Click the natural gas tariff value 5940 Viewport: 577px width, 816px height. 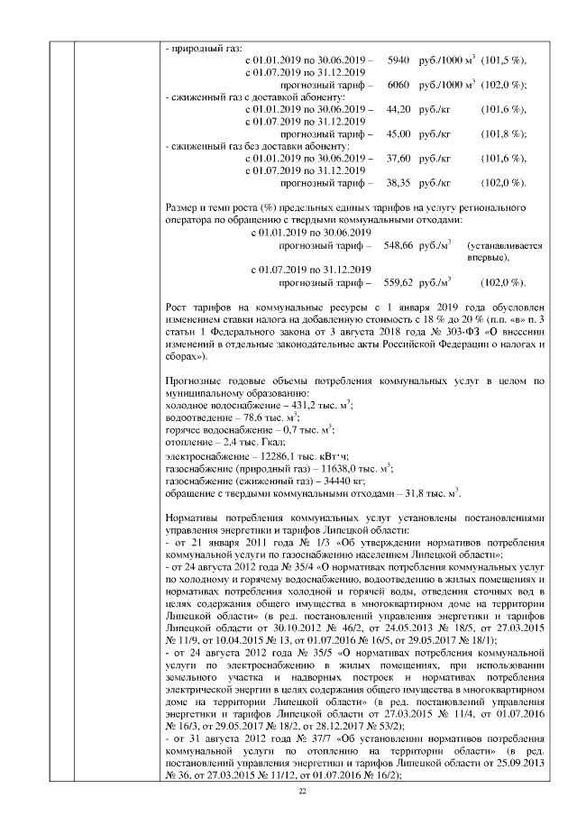tap(398, 60)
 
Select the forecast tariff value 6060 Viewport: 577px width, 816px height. tap(398, 84)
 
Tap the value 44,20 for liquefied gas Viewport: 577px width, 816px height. tap(398, 108)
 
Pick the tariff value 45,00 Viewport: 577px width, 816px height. tap(398, 133)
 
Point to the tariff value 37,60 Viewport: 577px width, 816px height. tap(398, 158)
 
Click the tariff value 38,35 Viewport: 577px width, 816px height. tap(398, 183)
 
